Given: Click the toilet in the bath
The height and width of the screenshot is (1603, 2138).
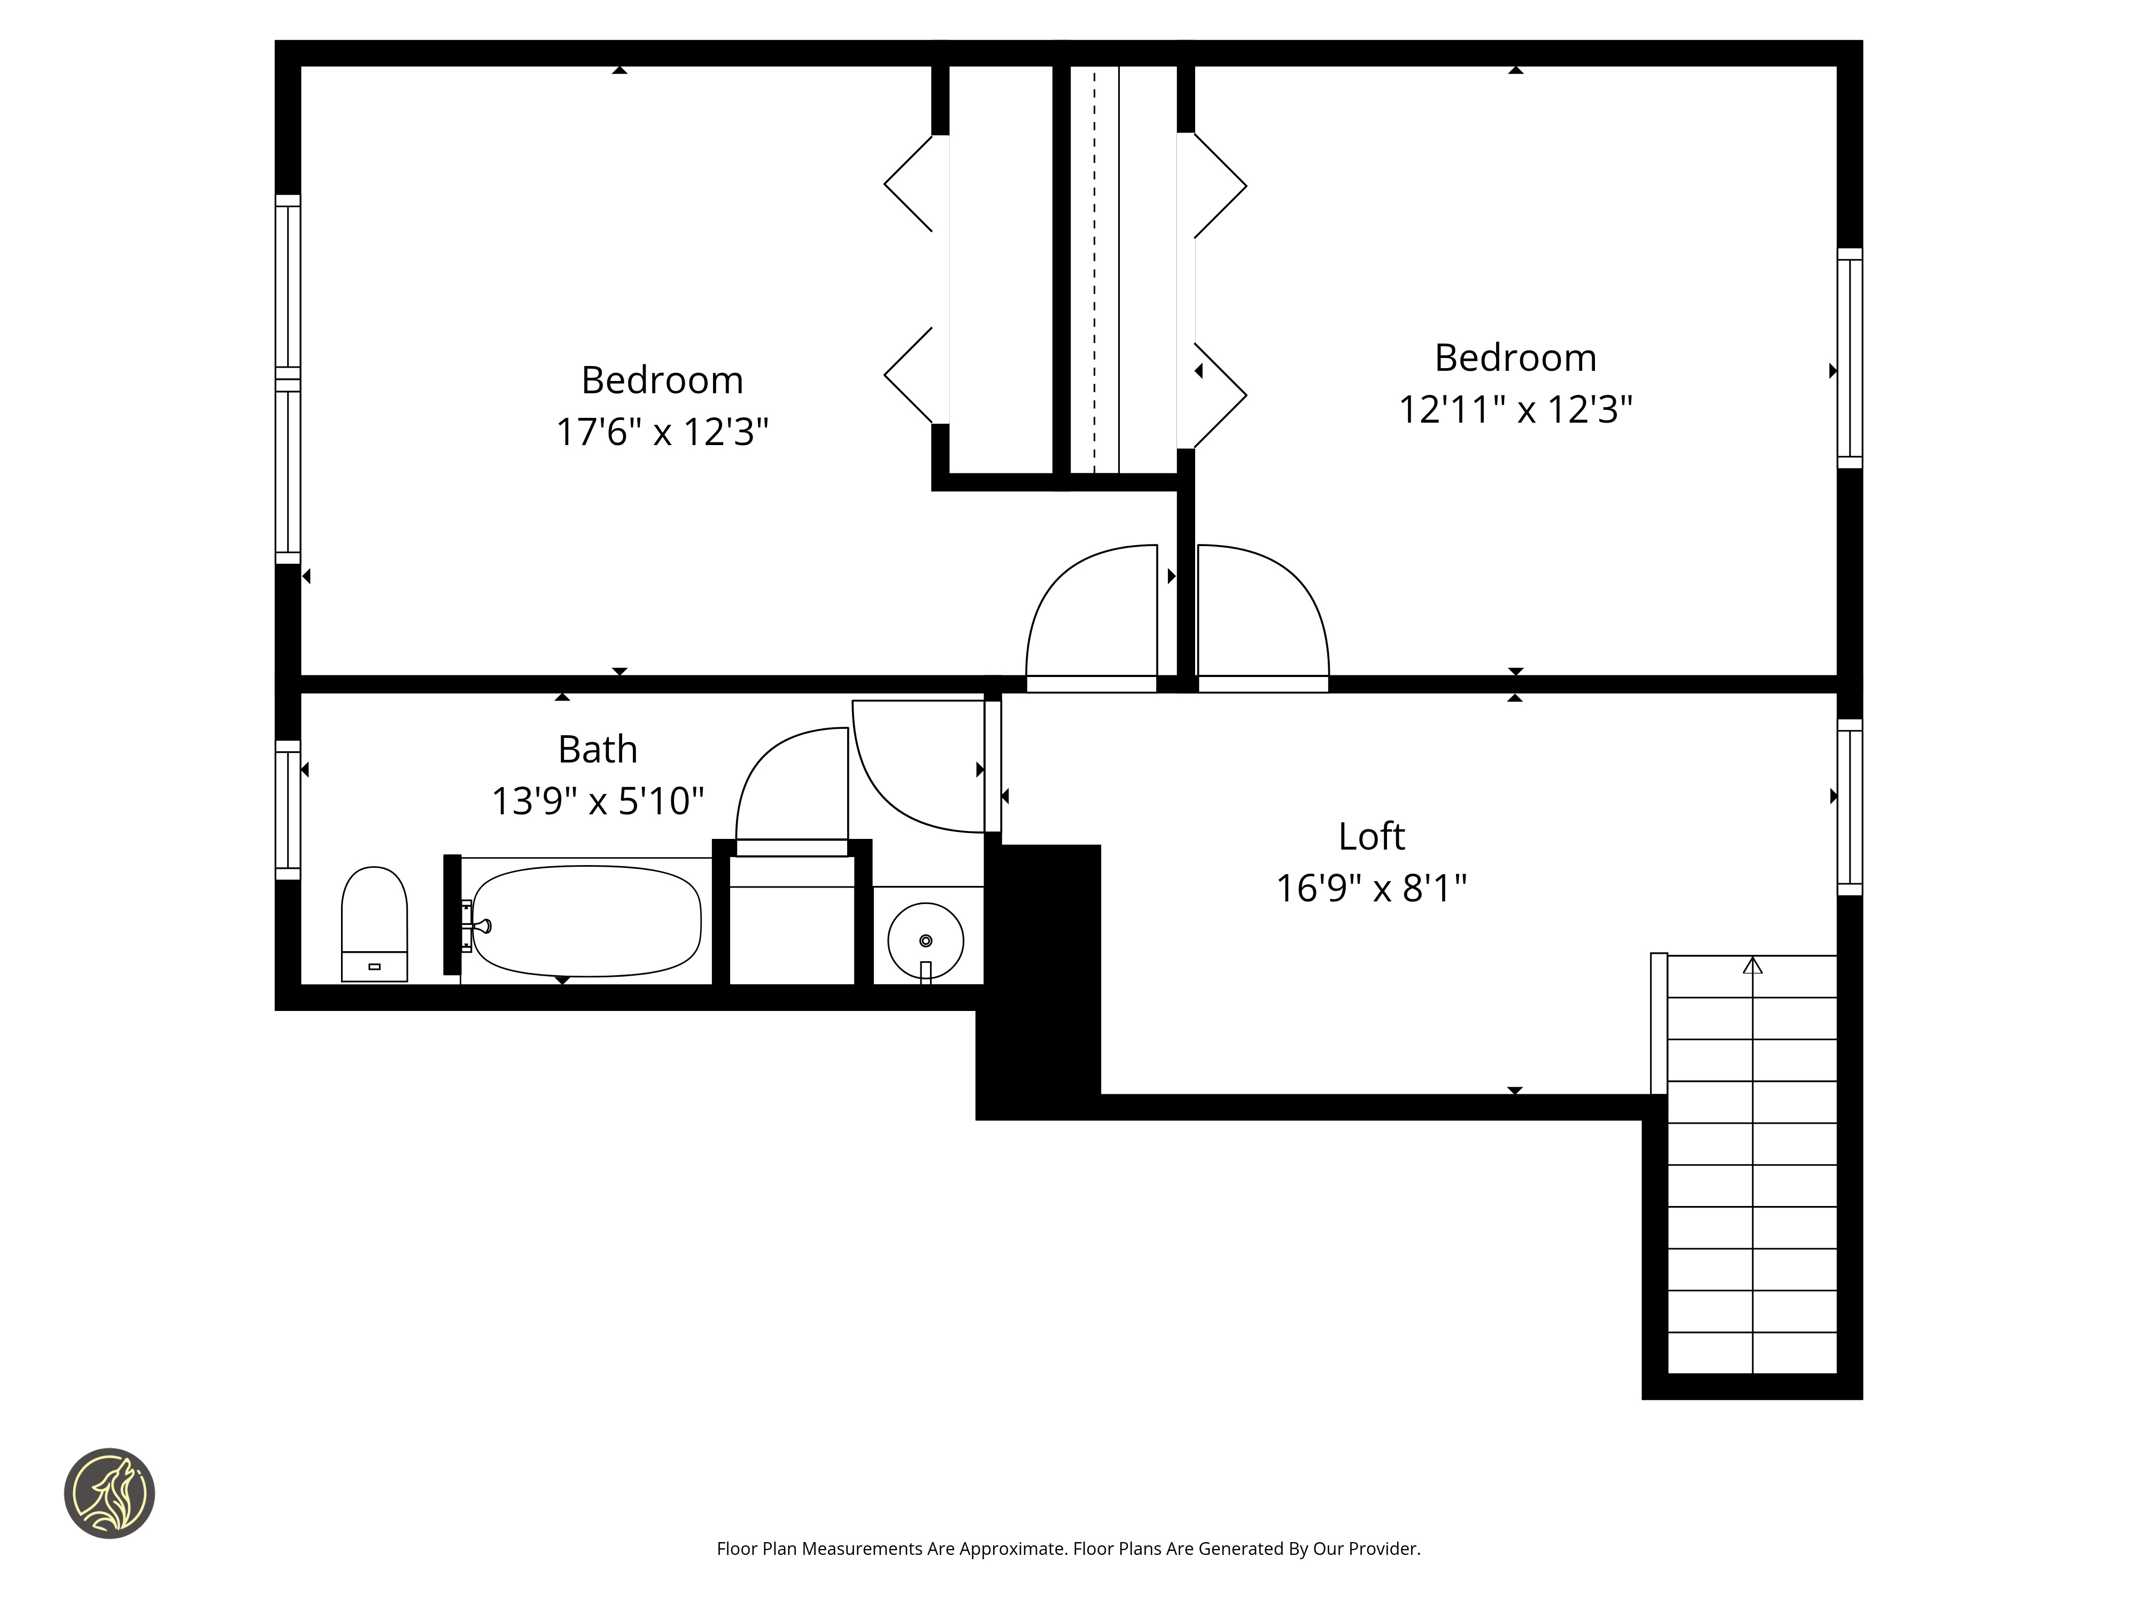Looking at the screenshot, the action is [x=374, y=924].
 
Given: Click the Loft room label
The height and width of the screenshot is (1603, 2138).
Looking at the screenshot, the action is [x=1372, y=836].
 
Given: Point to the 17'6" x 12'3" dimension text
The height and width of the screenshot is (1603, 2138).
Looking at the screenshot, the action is [x=662, y=431].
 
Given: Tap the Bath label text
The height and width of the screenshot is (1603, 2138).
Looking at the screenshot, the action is [x=598, y=749].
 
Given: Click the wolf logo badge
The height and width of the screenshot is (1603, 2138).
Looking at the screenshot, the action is [x=109, y=1493].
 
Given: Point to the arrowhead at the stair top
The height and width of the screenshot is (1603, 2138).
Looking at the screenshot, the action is [x=1752, y=964].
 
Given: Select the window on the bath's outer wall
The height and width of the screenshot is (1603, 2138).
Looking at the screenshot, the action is [x=288, y=810].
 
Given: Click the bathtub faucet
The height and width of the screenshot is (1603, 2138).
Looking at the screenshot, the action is [x=477, y=925].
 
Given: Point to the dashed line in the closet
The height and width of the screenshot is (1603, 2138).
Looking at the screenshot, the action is [x=1094, y=270].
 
